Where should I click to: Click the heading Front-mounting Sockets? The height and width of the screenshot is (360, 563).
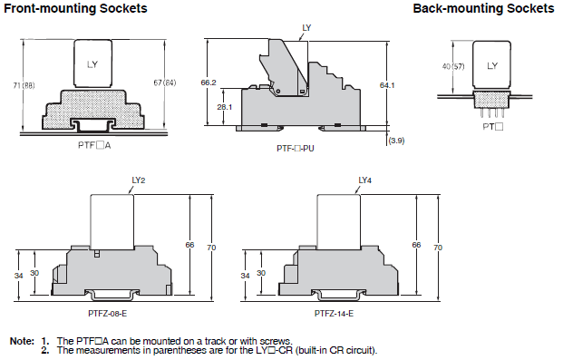tap(75, 8)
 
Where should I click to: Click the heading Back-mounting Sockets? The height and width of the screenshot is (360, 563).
tap(483, 8)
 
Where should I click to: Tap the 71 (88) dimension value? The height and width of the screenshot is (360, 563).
tap(24, 85)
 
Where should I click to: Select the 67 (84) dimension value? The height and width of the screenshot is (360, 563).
tap(165, 83)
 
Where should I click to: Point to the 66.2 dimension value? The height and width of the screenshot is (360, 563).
tap(209, 83)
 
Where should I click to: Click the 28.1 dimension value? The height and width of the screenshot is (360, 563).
tap(225, 107)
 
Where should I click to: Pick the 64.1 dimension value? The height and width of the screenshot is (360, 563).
tap(387, 85)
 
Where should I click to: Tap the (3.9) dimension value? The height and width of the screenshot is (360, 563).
tap(396, 141)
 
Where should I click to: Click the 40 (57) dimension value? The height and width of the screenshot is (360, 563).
tap(453, 66)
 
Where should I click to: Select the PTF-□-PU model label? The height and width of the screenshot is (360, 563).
tap(296, 149)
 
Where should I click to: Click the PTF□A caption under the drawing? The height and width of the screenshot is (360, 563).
tap(94, 145)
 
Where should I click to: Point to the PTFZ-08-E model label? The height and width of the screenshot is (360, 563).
tap(107, 314)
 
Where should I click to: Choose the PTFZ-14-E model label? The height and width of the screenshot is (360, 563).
tap(334, 314)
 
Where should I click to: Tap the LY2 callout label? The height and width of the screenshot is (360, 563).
tap(139, 180)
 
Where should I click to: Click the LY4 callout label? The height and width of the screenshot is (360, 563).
tap(365, 180)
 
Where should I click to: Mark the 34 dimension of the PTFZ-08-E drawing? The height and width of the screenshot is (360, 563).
tap(19, 276)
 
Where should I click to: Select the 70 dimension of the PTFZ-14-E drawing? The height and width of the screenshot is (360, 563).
tap(438, 248)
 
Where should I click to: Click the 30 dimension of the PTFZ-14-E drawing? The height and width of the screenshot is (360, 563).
tap(261, 273)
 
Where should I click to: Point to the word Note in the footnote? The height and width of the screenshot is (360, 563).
tap(22, 341)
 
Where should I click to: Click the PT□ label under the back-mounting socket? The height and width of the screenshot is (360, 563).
tap(493, 126)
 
